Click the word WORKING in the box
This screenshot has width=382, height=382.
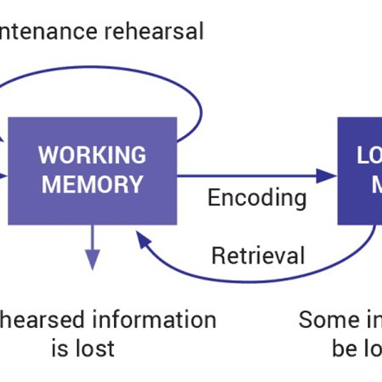92,155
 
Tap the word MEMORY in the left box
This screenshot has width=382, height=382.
92,185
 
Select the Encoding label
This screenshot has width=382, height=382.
257,198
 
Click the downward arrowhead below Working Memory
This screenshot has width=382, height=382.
93,259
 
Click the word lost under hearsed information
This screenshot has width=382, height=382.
94,348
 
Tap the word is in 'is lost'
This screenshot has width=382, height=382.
60,348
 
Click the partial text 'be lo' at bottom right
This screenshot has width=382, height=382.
357,348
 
